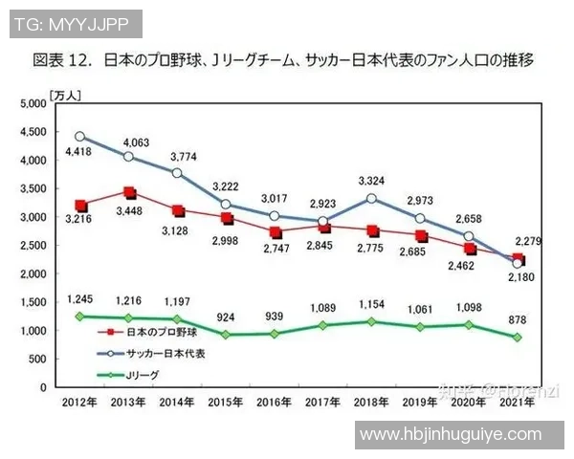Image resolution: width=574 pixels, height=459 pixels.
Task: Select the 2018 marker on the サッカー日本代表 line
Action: click(x=371, y=198)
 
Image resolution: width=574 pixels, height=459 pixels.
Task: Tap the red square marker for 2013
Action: click(x=130, y=193)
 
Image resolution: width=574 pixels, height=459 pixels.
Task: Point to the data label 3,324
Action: click(x=371, y=180)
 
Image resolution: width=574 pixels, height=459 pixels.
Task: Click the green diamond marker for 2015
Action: click(x=227, y=335)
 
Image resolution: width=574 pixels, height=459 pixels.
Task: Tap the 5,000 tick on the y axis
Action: click(x=32, y=104)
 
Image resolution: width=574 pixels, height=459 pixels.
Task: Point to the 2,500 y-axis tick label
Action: click(x=32, y=246)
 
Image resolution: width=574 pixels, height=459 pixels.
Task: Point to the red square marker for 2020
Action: click(x=469, y=250)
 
